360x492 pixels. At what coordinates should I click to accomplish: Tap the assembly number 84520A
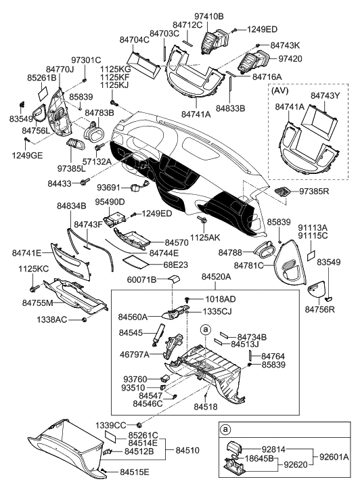click(217, 277)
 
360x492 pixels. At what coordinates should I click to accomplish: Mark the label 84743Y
click(325, 96)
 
